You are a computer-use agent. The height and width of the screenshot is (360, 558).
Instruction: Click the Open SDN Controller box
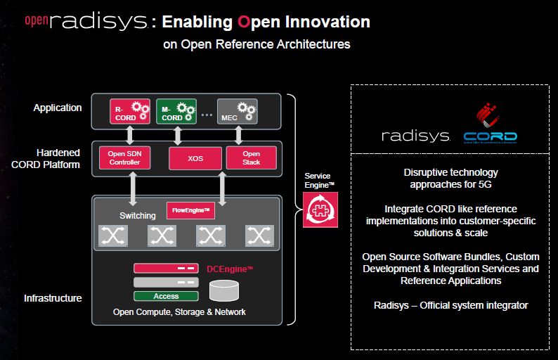tap(124, 158)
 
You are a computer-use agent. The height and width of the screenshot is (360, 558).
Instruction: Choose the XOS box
tap(195, 159)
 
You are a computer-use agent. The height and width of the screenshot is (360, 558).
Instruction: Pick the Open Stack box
tap(251, 158)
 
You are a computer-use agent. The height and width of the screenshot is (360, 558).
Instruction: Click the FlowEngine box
tap(190, 210)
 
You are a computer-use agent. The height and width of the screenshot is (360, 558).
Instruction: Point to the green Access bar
tap(166, 296)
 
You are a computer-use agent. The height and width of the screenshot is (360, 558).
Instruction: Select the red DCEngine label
tap(230, 269)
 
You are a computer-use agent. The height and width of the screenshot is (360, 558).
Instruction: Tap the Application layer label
tap(58, 108)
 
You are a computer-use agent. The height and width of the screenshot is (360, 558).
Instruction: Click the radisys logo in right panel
tap(415, 136)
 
